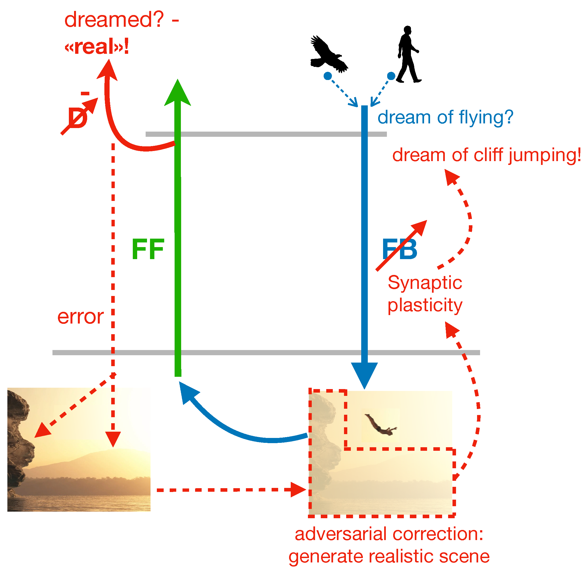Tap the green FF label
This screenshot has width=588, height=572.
point(148,249)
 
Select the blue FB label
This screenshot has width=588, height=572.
point(400,249)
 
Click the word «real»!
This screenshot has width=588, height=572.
point(97,47)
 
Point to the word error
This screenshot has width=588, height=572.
point(81,317)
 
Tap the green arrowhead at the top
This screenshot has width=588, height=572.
point(178,93)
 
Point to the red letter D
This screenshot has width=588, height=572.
point(78,118)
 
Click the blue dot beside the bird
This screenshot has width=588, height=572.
point(328,76)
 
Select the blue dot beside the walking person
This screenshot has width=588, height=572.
point(391,76)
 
